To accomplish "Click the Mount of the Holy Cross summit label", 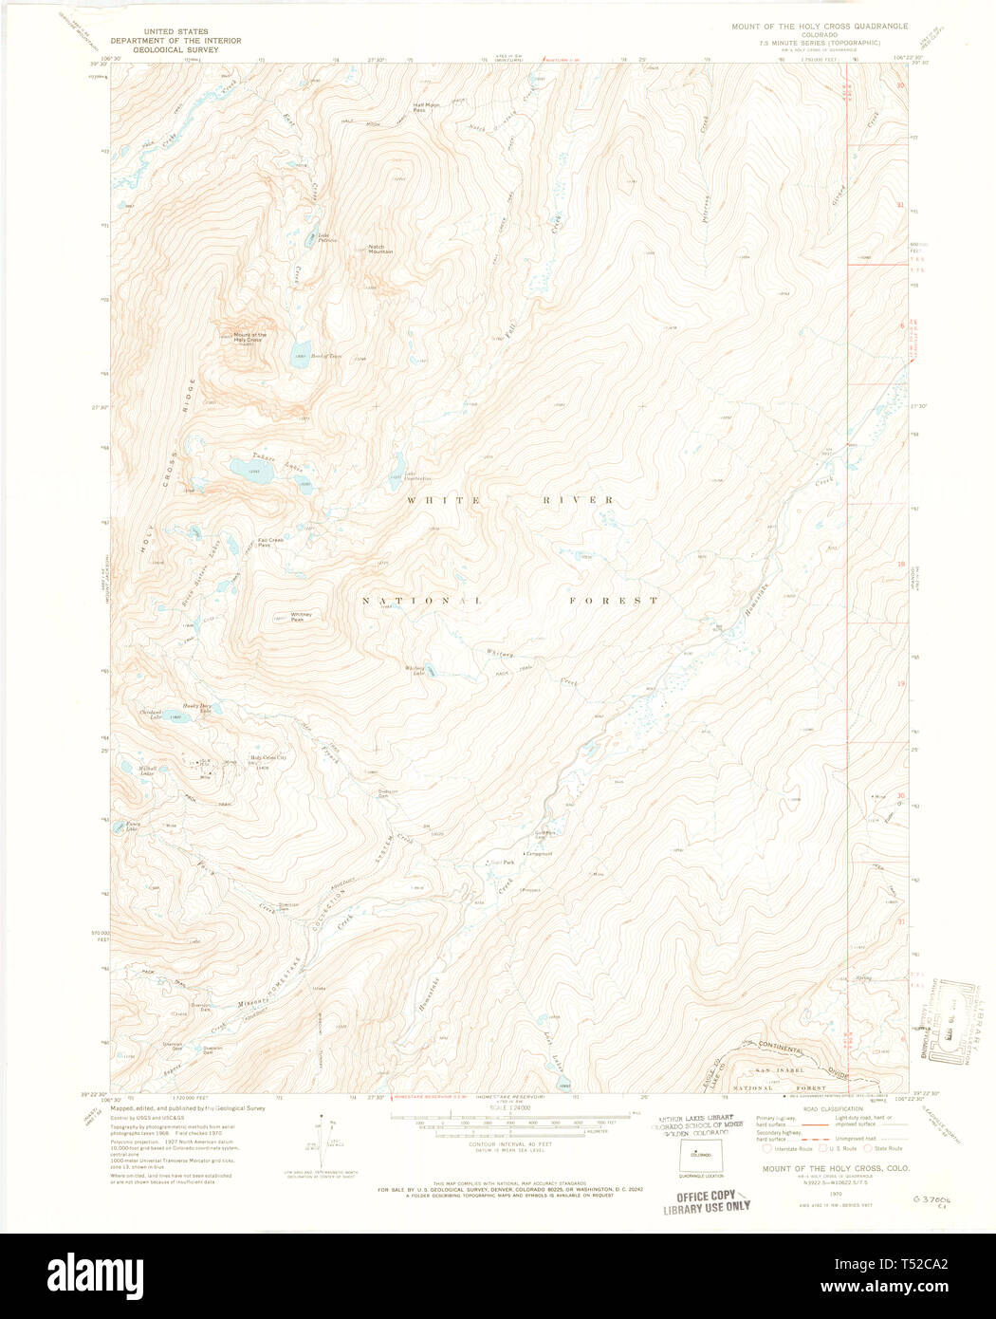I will pos(249,337).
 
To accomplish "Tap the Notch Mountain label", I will pos(380,250).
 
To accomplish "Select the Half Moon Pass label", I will pos(426,107).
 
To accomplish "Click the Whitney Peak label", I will pos(303,617).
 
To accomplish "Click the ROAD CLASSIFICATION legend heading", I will pos(833,1108).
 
